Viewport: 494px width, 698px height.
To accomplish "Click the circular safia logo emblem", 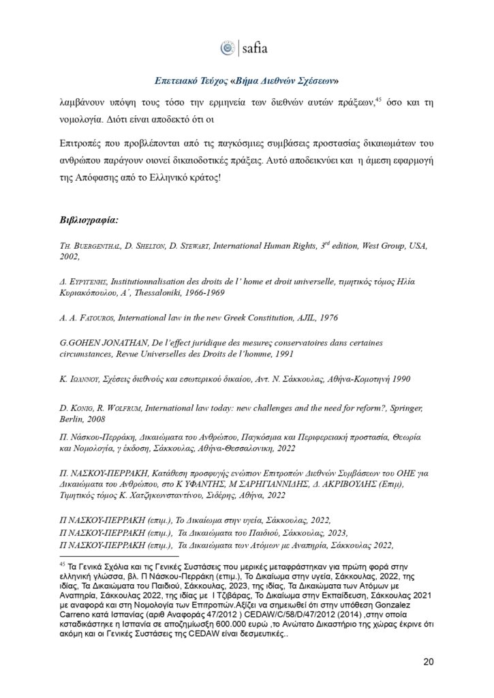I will (x=227, y=48).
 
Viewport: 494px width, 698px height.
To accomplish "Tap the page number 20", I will (x=429, y=661).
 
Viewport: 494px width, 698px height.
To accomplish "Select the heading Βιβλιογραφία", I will (x=90, y=220).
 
